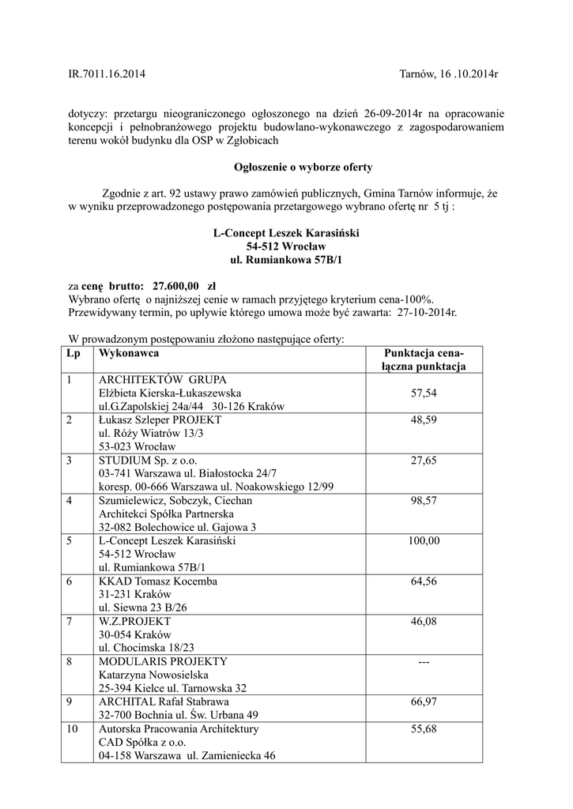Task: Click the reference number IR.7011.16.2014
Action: click(x=107, y=74)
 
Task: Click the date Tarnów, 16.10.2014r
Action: click(x=449, y=74)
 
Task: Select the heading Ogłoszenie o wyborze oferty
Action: click(x=292, y=167)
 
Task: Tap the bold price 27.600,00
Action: click(x=175, y=284)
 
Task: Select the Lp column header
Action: click(x=74, y=353)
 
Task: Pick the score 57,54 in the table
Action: click(x=424, y=393)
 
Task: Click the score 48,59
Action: click(x=424, y=420)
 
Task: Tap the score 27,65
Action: click(x=424, y=460)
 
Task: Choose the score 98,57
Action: click(x=424, y=500)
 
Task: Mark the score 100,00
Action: click(x=424, y=540)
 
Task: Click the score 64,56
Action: click(x=424, y=581)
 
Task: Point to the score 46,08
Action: click(x=424, y=621)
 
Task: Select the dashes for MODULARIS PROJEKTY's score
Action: click(x=424, y=662)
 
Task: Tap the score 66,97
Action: click(x=424, y=702)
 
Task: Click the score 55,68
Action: click(x=424, y=728)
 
